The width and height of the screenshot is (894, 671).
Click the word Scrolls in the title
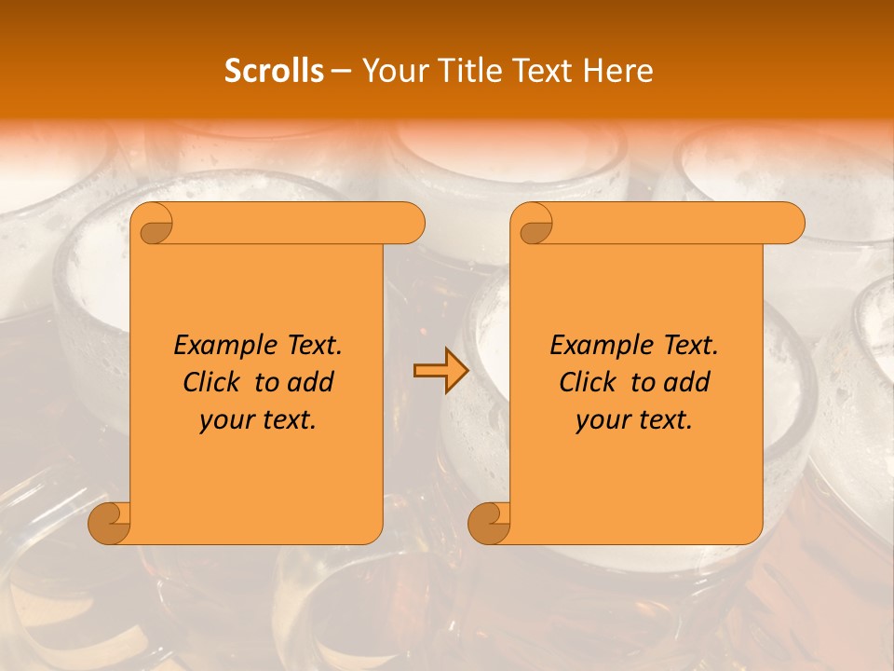274,71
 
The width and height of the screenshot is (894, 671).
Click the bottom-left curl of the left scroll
110,523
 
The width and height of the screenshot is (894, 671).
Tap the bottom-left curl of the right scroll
489,523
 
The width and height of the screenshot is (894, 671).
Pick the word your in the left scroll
226,420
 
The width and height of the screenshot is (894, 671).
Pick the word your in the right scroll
603,420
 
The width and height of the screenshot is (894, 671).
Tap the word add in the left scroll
310,382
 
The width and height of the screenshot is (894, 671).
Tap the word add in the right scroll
686,382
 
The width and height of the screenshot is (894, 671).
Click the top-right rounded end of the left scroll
410,224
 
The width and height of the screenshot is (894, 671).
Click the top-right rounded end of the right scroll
790,224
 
